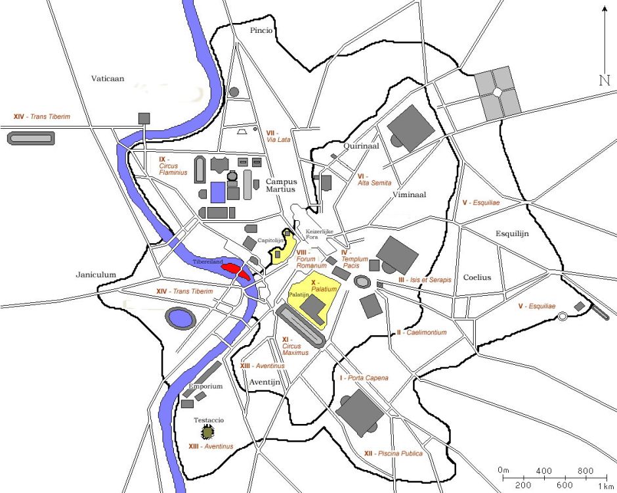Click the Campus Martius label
[281, 185]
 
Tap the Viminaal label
[410, 195]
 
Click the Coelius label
[477, 277]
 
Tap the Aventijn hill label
[266, 382]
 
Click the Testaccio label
[209, 419]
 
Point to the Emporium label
[205, 387]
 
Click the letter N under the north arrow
[604, 80]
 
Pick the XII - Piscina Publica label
[393, 454]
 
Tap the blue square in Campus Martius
[218, 192]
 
